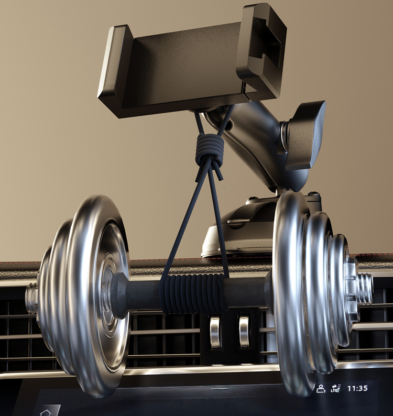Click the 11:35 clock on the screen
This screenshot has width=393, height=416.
(x=357, y=388)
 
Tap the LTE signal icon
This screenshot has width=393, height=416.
(x=336, y=388)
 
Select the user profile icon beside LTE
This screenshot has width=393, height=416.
(x=321, y=389)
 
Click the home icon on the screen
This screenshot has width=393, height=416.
(x=45, y=412)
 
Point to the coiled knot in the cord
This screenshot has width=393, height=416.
(x=210, y=149)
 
